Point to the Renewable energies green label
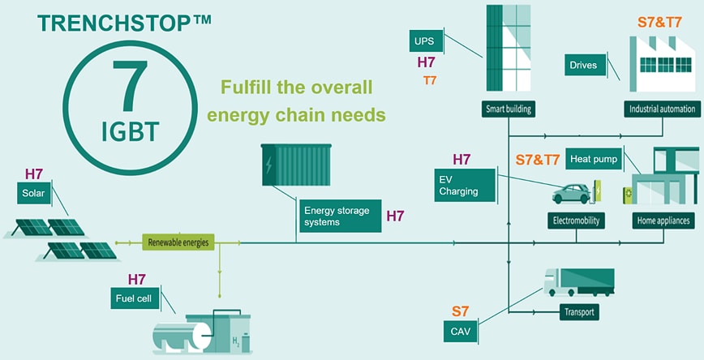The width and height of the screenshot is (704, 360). [177, 242]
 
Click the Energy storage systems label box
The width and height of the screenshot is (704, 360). [337, 216]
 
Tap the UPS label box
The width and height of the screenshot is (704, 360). [425, 41]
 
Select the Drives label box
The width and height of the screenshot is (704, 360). [583, 65]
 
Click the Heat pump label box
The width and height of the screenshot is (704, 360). [593, 159]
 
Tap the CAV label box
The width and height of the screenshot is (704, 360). [461, 330]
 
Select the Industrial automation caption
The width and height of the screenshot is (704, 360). [662, 108]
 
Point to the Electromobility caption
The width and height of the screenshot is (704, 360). [575, 220]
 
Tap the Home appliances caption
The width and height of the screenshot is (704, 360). [662, 220]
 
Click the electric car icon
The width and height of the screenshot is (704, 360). [571, 193]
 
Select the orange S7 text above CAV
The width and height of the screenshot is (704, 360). [461, 311]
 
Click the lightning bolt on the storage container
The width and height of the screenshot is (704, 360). [269, 165]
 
